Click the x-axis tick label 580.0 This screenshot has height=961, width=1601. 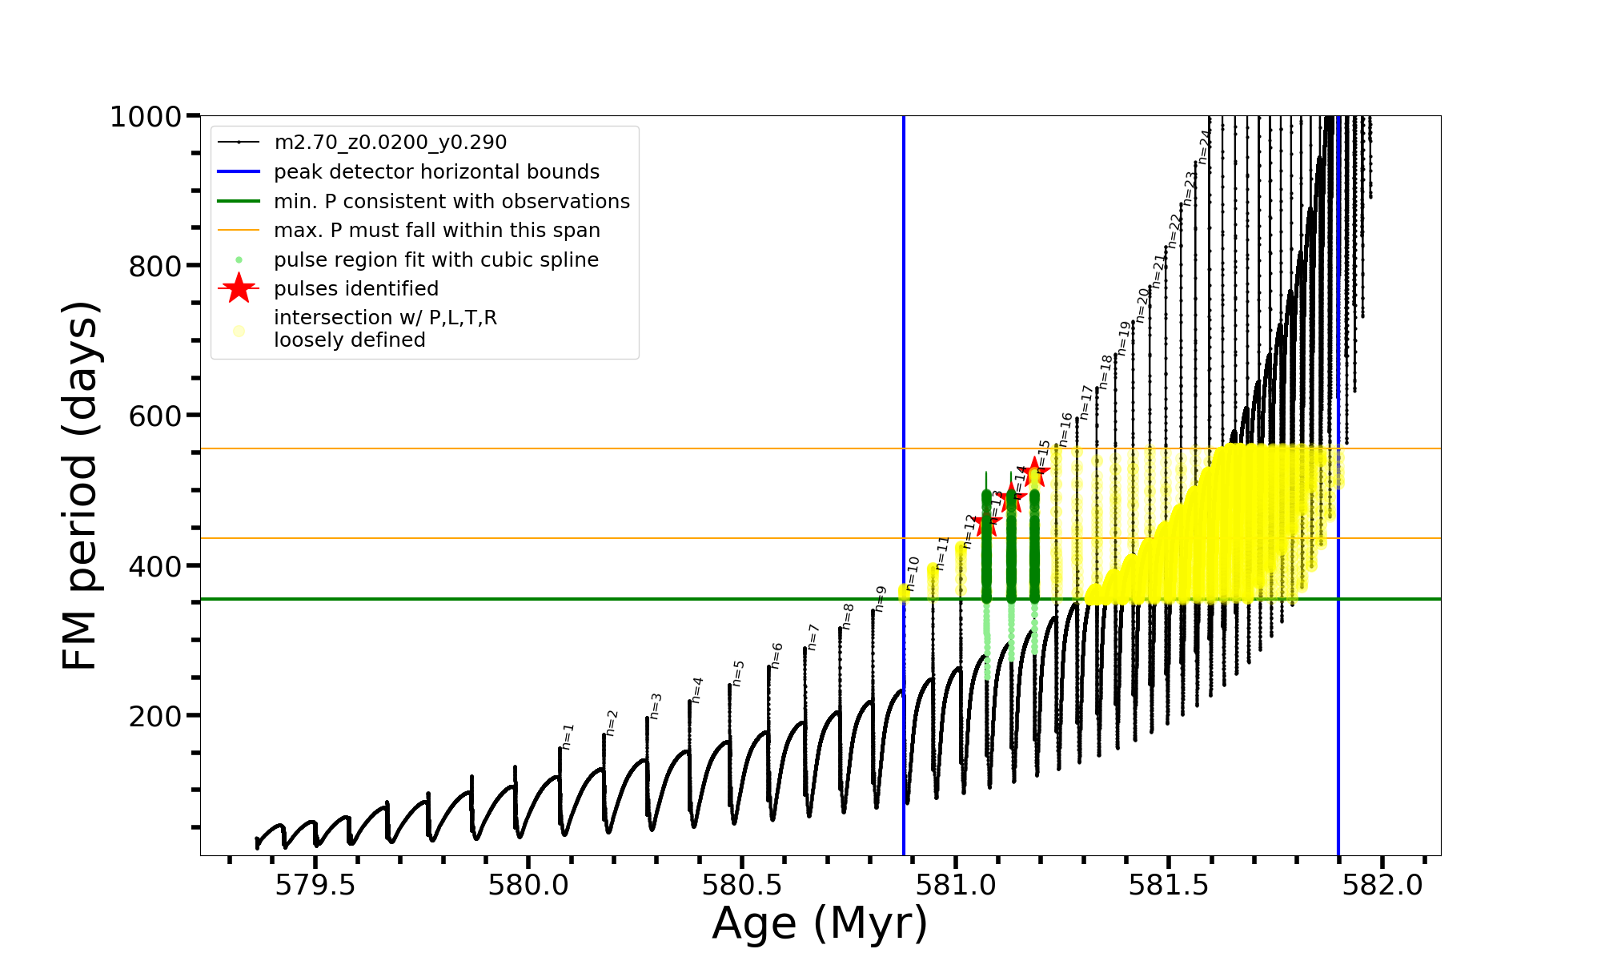528,885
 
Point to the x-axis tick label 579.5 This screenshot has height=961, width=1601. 315,885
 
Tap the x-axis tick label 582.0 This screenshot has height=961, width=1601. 1383,885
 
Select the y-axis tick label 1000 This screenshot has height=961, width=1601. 146,117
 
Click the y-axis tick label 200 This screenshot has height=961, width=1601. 155,716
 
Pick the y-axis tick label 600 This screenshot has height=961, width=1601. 155,416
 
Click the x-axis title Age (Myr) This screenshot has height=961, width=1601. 820,923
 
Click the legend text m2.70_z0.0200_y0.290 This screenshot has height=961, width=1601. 390,143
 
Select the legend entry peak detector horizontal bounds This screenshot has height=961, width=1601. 436,172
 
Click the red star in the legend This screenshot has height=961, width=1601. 239,288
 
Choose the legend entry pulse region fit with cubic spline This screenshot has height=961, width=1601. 435,260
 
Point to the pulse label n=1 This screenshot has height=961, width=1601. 568,736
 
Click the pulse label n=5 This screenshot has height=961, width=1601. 738,673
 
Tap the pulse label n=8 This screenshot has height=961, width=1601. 848,616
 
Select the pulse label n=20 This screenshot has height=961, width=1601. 1142,304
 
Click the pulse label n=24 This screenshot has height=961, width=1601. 1204,147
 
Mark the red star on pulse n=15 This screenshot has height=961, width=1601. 1034,472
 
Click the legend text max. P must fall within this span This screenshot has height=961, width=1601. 436,231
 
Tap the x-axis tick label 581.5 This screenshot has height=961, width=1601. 1170,885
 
